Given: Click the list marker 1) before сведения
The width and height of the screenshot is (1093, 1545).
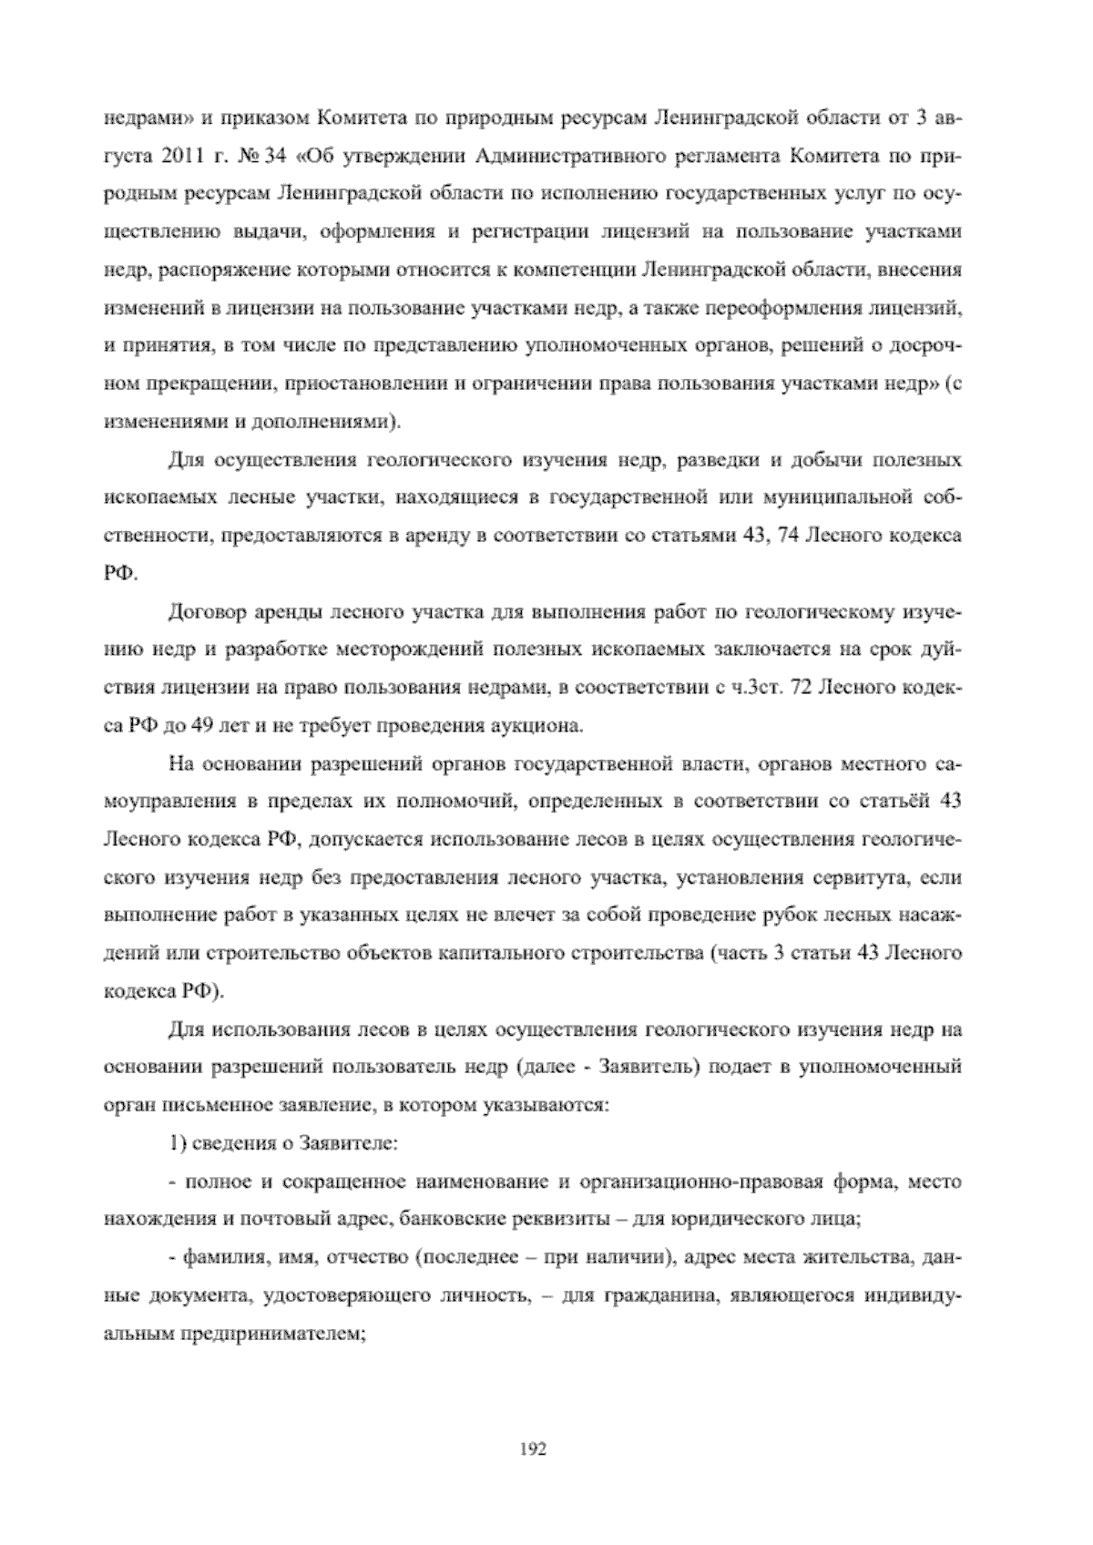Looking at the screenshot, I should pyautogui.click(x=177, y=1144).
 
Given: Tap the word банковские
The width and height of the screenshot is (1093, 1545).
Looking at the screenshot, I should pyautogui.click(x=446, y=1221).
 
